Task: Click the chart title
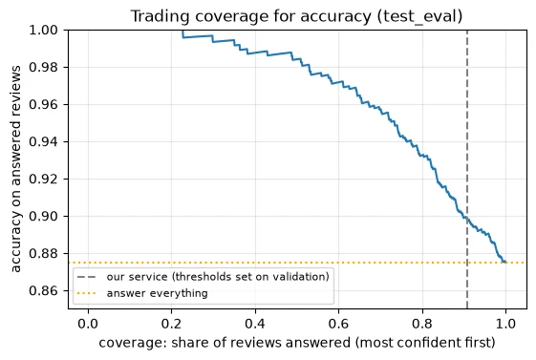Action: (296, 16)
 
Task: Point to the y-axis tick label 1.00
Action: (43, 30)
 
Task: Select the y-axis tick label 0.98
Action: (43, 67)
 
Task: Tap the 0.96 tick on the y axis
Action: (43, 104)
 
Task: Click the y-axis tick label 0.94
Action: (43, 141)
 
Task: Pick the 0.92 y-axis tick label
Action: (43, 179)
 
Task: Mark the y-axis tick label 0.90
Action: (43, 216)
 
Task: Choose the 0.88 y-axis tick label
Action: (43, 253)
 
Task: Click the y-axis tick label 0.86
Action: (43, 290)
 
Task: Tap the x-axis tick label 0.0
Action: (88, 324)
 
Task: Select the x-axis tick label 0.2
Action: (172, 324)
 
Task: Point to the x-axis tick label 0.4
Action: (255, 324)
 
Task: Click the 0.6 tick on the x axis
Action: (339, 324)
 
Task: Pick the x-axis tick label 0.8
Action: (422, 324)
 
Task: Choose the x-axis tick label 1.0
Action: (505, 324)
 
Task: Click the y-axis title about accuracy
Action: (15, 169)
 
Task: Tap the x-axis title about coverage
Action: (297, 343)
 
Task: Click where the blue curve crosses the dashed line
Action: (467, 218)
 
